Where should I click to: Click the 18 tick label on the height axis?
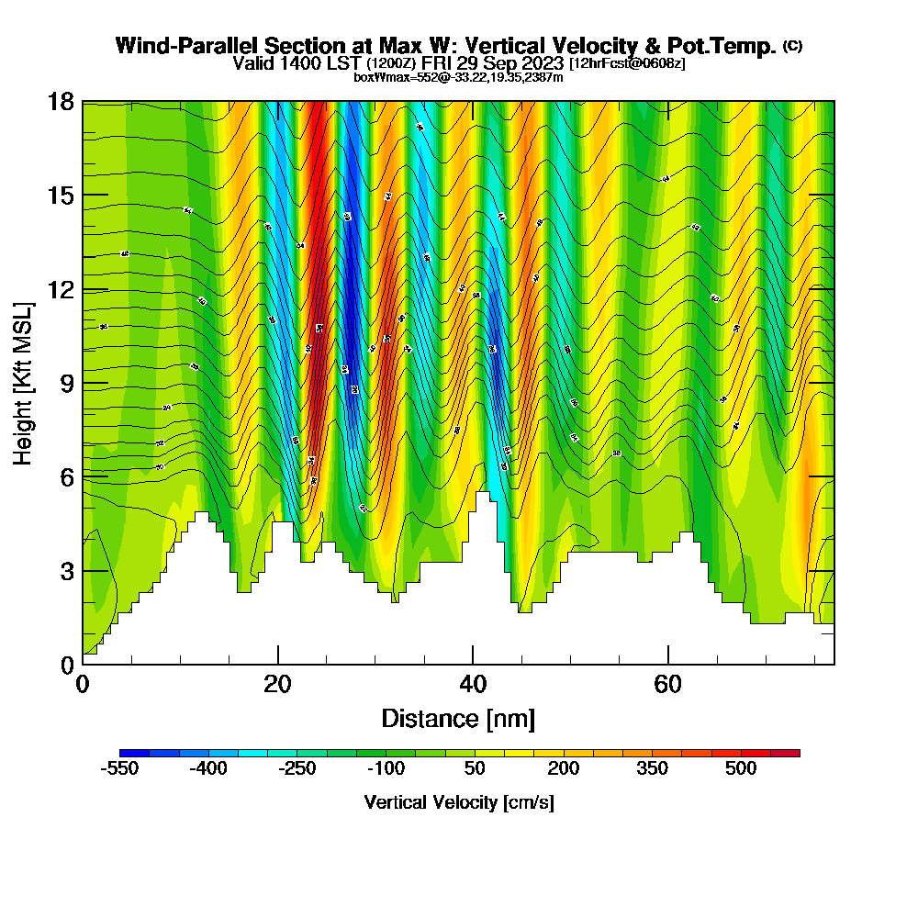(x=61, y=101)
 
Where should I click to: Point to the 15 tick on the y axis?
(x=61, y=196)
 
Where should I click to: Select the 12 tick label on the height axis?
(x=61, y=289)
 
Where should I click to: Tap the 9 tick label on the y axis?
(x=66, y=384)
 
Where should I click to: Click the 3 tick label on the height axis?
(x=66, y=571)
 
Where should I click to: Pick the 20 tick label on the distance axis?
(x=277, y=684)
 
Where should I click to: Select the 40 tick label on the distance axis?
(x=473, y=684)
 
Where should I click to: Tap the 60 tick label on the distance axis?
(x=667, y=684)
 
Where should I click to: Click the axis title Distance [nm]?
(x=458, y=718)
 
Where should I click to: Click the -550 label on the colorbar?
(x=118, y=769)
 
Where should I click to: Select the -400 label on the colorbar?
(x=207, y=769)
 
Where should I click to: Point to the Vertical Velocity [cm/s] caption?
(x=458, y=802)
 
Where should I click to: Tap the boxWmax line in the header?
(x=458, y=77)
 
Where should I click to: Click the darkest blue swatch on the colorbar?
(x=134, y=753)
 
